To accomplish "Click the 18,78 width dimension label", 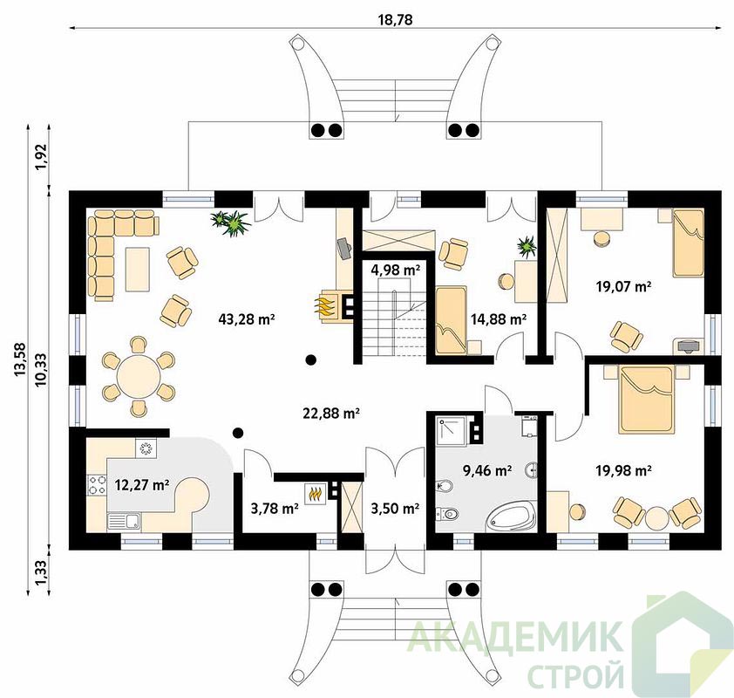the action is point(395,20).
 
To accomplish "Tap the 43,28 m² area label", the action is point(246,319).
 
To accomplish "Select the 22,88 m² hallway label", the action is point(331,414).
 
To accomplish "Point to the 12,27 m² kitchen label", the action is point(142,485).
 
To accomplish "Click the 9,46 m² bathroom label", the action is point(486,470).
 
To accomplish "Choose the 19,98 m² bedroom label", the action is point(623,470).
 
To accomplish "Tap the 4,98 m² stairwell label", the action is point(395,270).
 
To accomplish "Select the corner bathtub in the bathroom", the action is point(512,517).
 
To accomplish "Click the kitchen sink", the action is point(125,522).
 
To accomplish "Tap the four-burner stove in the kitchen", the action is point(97,484).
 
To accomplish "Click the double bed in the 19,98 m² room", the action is point(648,400).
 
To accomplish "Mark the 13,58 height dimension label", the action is point(20,359).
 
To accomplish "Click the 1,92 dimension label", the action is point(42,157).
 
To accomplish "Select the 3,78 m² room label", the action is point(275,509).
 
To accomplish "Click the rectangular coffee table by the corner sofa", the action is point(138,270).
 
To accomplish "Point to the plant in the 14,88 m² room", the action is point(527,246).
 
